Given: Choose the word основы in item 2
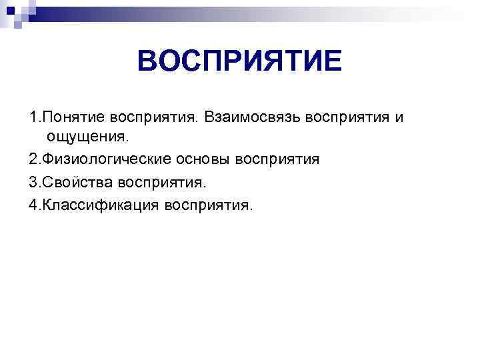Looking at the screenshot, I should (199, 159).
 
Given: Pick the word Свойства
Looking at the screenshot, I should (77, 181).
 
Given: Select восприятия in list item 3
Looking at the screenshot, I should (163, 181).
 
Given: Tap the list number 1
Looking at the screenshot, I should (33, 117).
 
